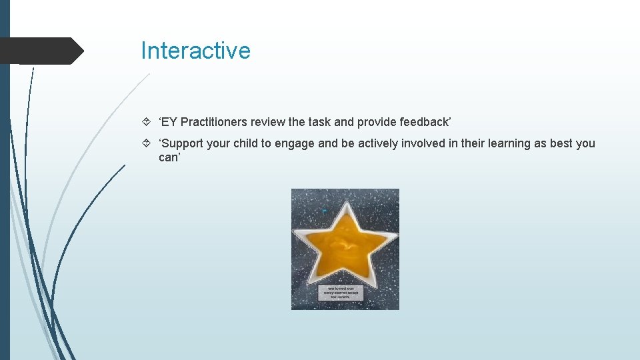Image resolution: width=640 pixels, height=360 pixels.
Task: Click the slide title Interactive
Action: click(195, 51)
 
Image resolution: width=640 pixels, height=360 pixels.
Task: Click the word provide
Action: click(377, 122)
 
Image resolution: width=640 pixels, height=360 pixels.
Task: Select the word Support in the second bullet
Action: click(183, 143)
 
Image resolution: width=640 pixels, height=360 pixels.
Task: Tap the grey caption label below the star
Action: click(345, 292)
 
